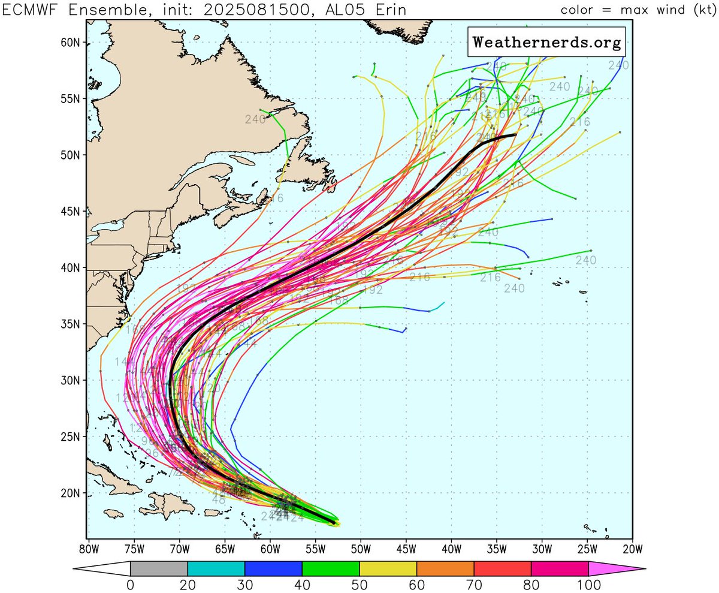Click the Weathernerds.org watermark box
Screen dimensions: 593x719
[546, 42]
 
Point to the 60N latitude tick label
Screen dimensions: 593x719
[72, 43]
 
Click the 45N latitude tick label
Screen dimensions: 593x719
[72, 212]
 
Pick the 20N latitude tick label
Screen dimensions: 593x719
[72, 493]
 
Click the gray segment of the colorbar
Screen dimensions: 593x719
[159, 568]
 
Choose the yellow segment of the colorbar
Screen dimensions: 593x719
[388, 568]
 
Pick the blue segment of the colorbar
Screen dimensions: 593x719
[273, 568]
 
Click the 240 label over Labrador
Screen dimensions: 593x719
[255, 119]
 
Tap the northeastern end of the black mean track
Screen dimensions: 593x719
[515, 135]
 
